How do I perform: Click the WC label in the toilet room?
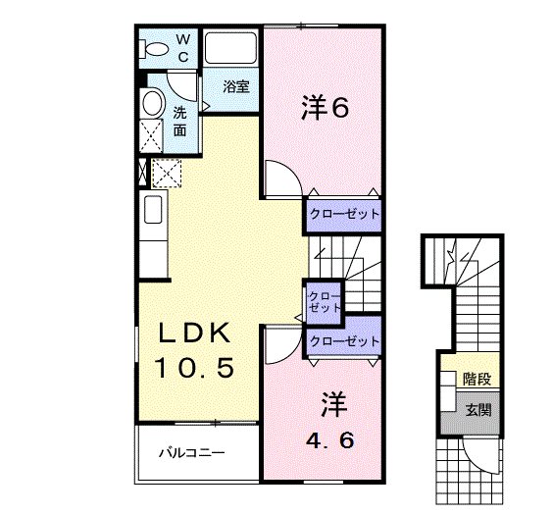point(183,46)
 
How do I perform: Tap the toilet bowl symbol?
point(154,47)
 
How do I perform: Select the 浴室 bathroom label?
point(235,86)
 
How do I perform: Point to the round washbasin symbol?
point(152,103)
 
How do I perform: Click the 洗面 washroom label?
point(181,121)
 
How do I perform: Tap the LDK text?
point(195,335)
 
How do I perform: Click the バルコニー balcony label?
point(194,453)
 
